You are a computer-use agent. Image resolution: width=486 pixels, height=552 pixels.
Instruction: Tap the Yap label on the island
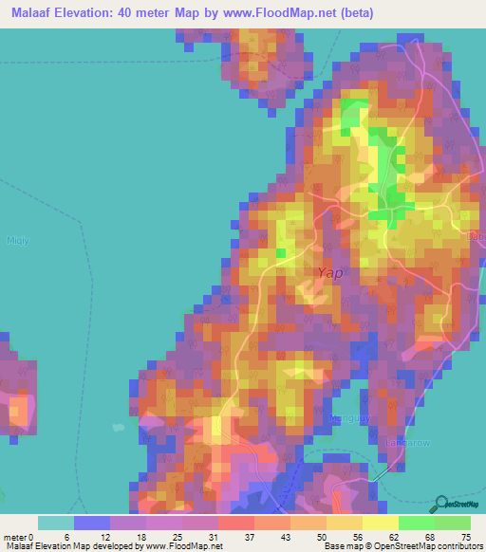(328, 272)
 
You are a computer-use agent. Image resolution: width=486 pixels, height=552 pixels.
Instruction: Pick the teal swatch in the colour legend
(56, 523)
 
